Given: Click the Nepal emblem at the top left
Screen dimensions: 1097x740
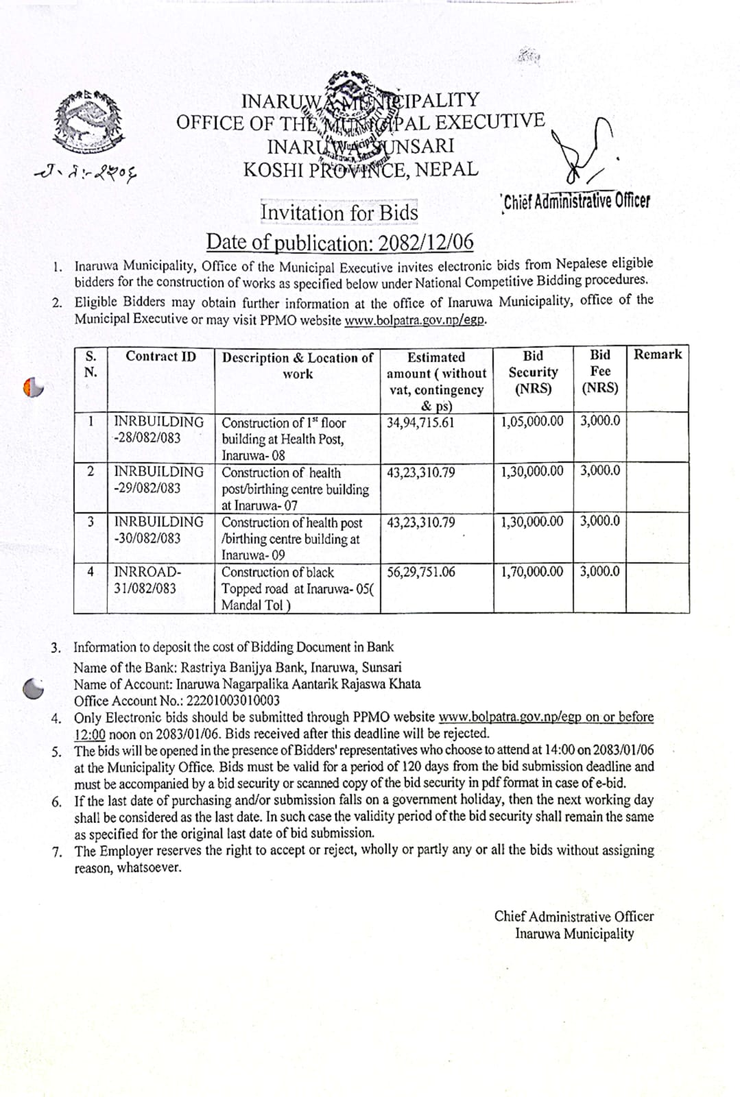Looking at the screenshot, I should (90, 121).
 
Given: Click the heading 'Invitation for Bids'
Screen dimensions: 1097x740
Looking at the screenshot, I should (339, 213).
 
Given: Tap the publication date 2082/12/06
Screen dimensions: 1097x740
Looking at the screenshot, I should (425, 242).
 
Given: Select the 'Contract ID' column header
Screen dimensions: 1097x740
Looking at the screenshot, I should (160, 357).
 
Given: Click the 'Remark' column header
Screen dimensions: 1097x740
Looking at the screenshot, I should (657, 354).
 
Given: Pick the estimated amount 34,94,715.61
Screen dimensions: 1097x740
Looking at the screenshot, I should (420, 422).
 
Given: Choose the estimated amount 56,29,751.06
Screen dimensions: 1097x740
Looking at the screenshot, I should (420, 572).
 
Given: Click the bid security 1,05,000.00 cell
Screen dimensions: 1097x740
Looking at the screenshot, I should (532, 421).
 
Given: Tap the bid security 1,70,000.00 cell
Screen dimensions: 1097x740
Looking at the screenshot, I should (532, 571).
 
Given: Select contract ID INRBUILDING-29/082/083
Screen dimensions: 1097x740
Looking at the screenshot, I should (158, 480).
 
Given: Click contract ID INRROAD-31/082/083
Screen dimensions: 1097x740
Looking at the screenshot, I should (147, 580).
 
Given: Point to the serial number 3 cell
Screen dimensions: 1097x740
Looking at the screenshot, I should (91, 522).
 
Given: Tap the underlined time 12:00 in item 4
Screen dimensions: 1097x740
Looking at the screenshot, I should (90, 734).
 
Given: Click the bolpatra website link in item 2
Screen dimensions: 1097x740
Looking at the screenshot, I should (415, 320).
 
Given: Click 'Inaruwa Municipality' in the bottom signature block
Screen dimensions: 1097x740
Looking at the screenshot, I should (574, 933).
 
